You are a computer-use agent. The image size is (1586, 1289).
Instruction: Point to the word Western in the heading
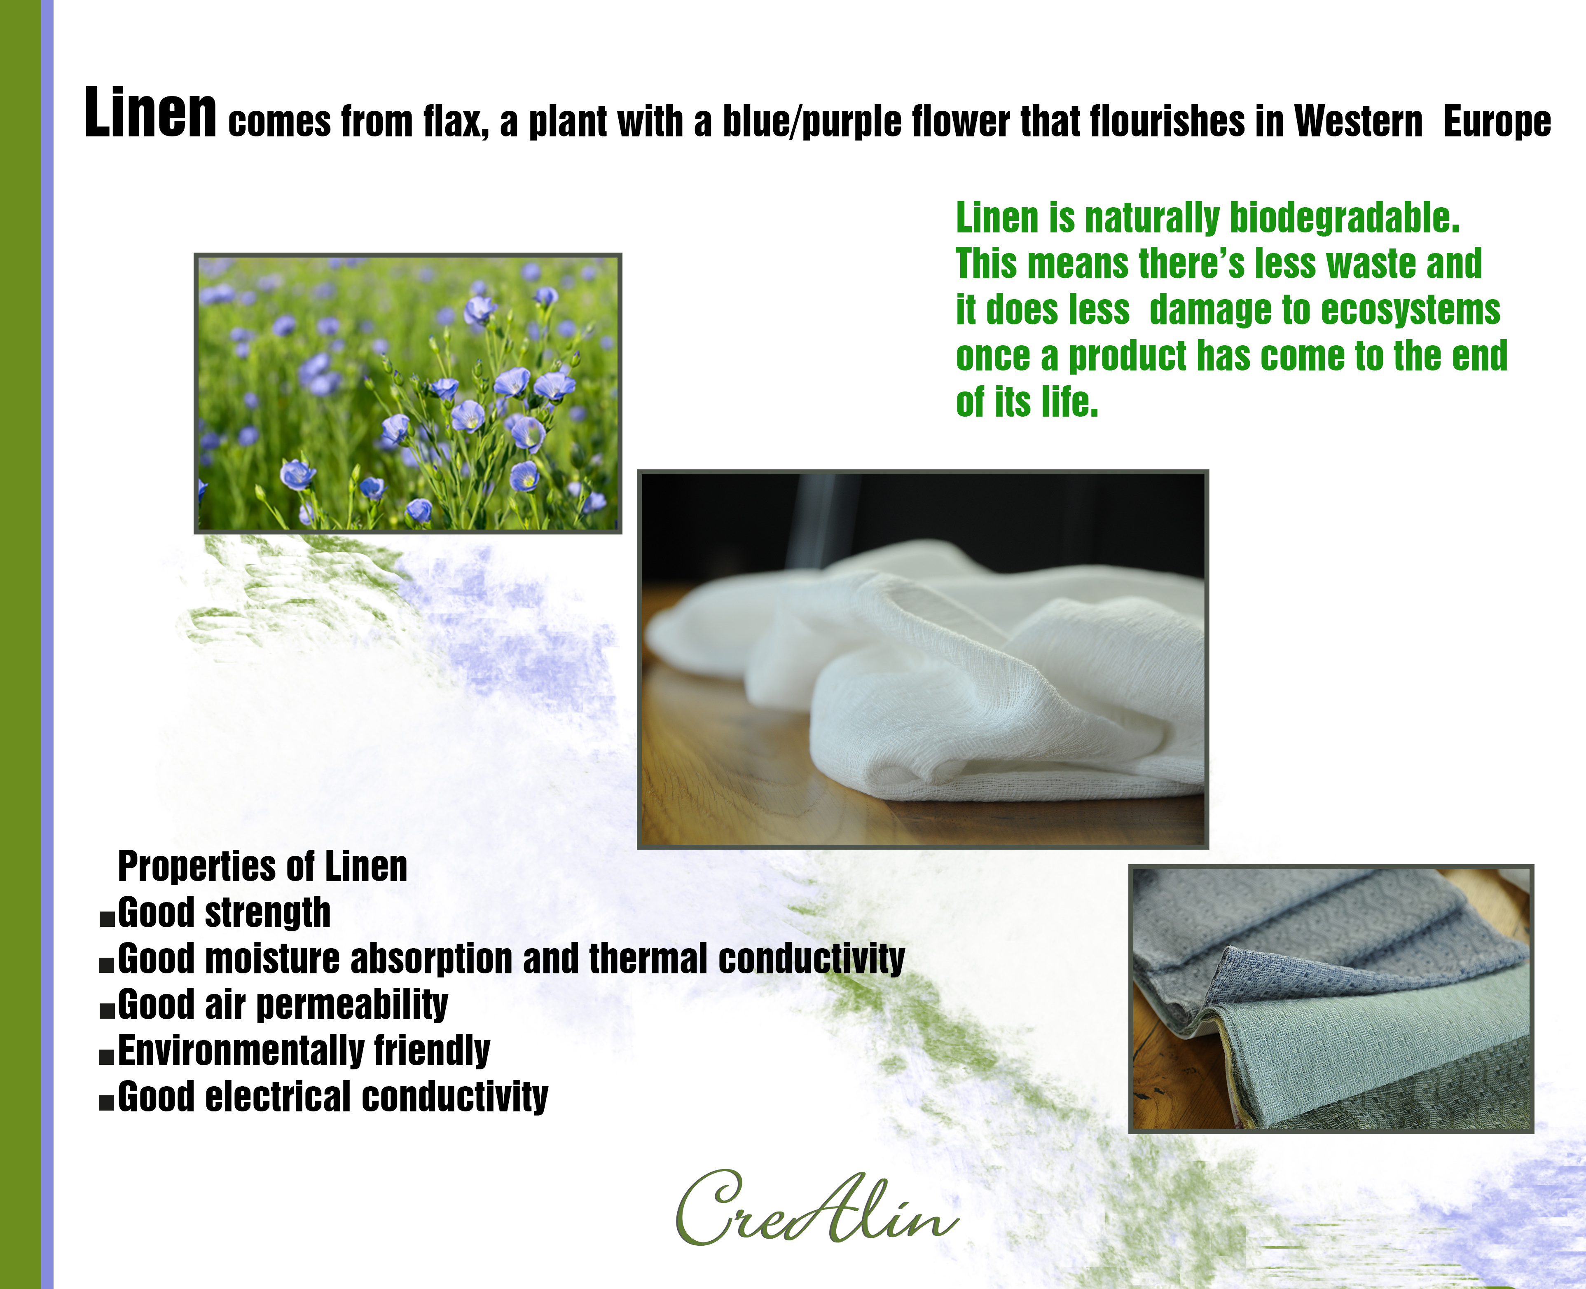click(x=1358, y=121)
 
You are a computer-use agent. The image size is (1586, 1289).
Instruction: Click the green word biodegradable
click(x=1345, y=218)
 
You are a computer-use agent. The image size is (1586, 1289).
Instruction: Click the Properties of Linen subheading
click(x=263, y=867)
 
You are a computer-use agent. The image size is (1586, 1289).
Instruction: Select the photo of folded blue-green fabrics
click(x=1331, y=998)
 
